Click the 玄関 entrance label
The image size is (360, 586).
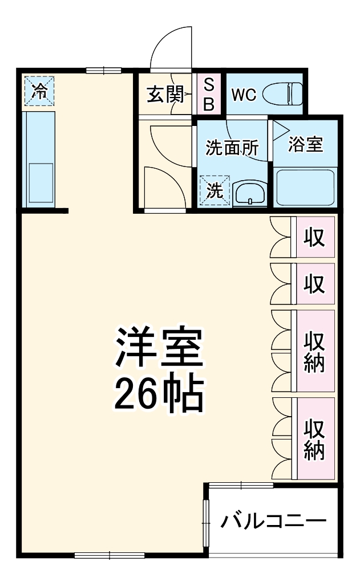pyautogui.click(x=164, y=94)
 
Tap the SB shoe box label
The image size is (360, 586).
pyautogui.click(x=209, y=94)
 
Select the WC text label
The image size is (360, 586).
pyautogui.click(x=244, y=94)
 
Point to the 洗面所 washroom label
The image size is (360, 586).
pyautogui.click(x=232, y=148)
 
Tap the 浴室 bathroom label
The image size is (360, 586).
pyautogui.click(x=305, y=145)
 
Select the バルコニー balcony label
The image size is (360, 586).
pyautogui.click(x=274, y=520)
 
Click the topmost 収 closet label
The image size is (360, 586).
pyautogui.click(x=314, y=237)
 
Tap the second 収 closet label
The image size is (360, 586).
pyautogui.click(x=314, y=283)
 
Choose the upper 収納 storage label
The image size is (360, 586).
pyautogui.click(x=314, y=351)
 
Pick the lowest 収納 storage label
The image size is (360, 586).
pyautogui.click(x=314, y=439)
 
